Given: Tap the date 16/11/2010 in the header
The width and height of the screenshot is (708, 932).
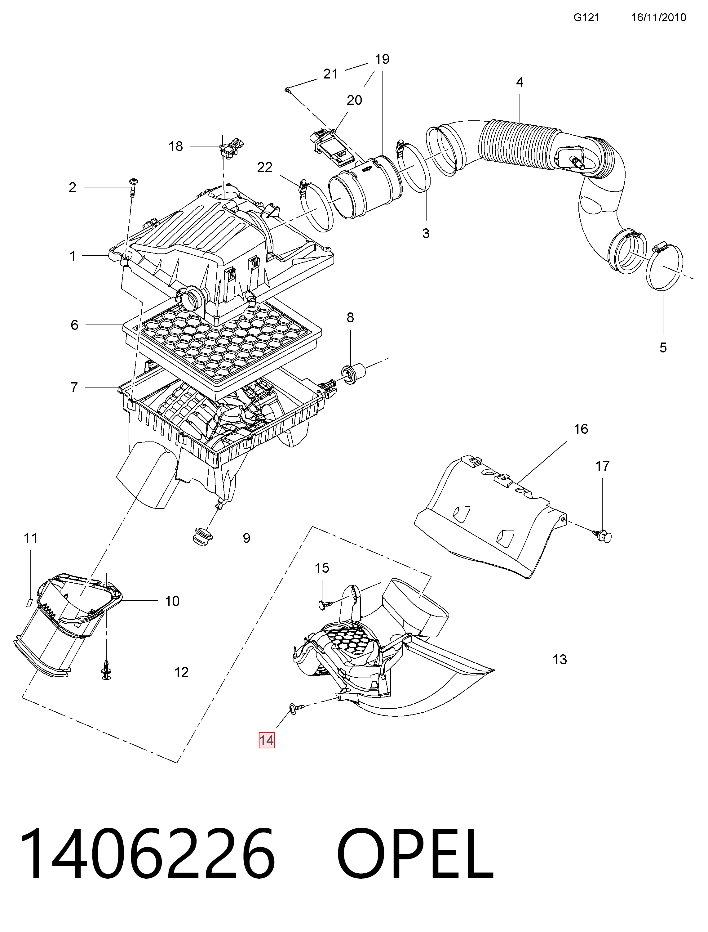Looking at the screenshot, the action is pyautogui.click(x=659, y=17).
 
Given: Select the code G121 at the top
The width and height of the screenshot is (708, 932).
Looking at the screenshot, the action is pyautogui.click(x=586, y=17).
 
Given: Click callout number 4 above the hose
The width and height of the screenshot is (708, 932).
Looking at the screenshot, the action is pyautogui.click(x=520, y=82).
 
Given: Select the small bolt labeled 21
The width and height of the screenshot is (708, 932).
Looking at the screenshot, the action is pyautogui.click(x=287, y=89).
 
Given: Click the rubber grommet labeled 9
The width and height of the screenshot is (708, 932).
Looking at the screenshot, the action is pyautogui.click(x=201, y=535).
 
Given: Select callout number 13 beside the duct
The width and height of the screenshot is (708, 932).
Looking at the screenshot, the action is pyautogui.click(x=560, y=660).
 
